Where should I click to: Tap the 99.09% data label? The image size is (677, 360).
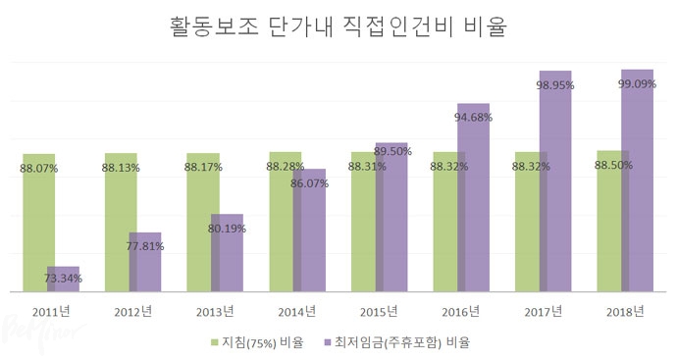[638, 85]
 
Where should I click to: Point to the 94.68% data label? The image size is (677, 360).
[473, 117]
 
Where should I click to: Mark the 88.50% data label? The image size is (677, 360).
[612, 166]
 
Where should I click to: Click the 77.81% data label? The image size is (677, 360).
[145, 247]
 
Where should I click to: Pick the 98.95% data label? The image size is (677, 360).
[555, 86]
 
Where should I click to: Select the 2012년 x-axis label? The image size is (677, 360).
[132, 313]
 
